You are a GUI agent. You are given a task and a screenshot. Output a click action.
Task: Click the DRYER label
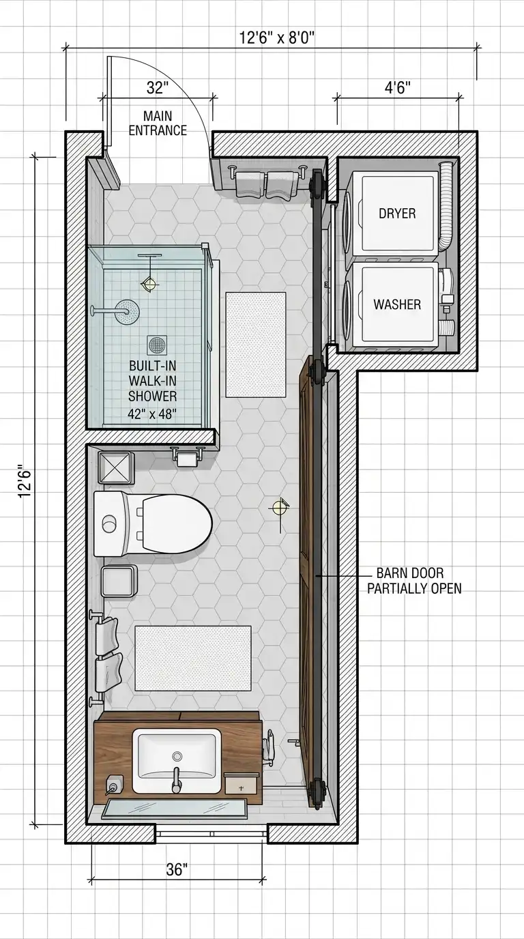[397, 214]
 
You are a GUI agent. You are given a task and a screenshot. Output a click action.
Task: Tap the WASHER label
[397, 304]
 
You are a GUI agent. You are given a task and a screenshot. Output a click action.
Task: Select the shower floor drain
[157, 345]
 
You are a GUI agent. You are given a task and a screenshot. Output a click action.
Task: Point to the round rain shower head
[128, 311]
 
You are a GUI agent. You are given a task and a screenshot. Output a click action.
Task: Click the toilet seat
[176, 523]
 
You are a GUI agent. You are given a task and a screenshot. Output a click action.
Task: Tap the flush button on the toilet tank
[109, 524]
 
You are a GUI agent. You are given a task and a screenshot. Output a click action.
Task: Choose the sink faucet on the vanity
[177, 779]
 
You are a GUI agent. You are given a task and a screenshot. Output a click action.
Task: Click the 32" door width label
[157, 88]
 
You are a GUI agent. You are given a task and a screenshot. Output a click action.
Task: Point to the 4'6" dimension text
[397, 88]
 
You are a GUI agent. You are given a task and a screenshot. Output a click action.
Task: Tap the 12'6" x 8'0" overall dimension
[277, 38]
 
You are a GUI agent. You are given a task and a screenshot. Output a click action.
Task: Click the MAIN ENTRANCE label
[158, 123]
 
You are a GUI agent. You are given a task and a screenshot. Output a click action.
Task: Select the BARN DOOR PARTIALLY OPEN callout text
[414, 581]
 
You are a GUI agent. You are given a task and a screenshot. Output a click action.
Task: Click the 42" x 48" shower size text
[151, 414]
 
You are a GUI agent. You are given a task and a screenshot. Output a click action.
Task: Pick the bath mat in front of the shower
[256, 345]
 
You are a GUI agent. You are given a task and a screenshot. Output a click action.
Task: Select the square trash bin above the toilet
[117, 467]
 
